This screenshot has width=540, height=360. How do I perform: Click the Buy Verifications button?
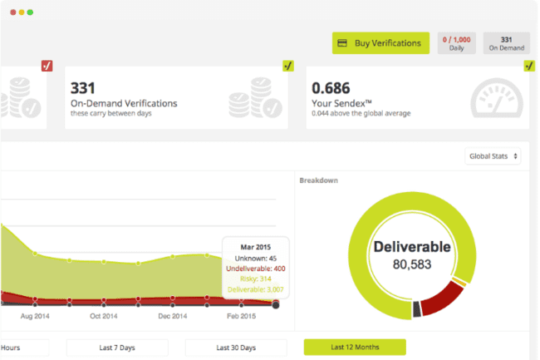pyautogui.click(x=381, y=43)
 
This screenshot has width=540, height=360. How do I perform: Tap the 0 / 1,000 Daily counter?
pyautogui.click(x=457, y=43)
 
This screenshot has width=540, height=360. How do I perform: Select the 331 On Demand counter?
pyautogui.click(x=506, y=43)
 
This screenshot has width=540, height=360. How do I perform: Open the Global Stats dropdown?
pyautogui.click(x=493, y=156)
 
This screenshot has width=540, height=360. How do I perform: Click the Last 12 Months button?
pyautogui.click(x=355, y=348)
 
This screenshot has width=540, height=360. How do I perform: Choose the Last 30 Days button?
pyautogui.click(x=236, y=348)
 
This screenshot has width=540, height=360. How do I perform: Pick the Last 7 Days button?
pyautogui.click(x=117, y=348)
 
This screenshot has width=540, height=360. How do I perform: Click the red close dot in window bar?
pyautogui.click(x=12, y=12)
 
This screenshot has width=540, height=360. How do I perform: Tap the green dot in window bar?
pyautogui.click(x=31, y=12)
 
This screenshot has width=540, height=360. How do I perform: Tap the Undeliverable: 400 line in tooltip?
pyautogui.click(x=255, y=269)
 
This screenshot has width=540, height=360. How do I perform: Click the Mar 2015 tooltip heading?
pyautogui.click(x=256, y=247)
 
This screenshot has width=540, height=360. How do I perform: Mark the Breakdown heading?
pyautogui.click(x=318, y=180)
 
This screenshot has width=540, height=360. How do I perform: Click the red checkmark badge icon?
pyautogui.click(x=47, y=66)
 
